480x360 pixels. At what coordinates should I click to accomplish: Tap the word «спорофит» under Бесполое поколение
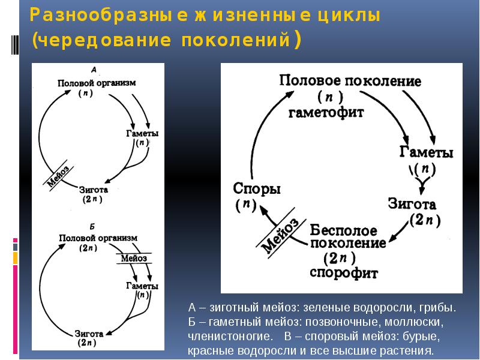tap(344, 273)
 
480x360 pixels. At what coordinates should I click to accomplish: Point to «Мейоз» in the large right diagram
tap(279, 235)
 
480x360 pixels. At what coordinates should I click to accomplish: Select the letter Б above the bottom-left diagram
tap(92, 226)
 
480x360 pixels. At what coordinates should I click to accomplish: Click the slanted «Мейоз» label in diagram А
tap(58, 176)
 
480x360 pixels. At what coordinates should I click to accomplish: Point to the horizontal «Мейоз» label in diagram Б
tap(134, 258)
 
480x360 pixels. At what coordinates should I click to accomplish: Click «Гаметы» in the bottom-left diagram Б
tap(142, 286)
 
